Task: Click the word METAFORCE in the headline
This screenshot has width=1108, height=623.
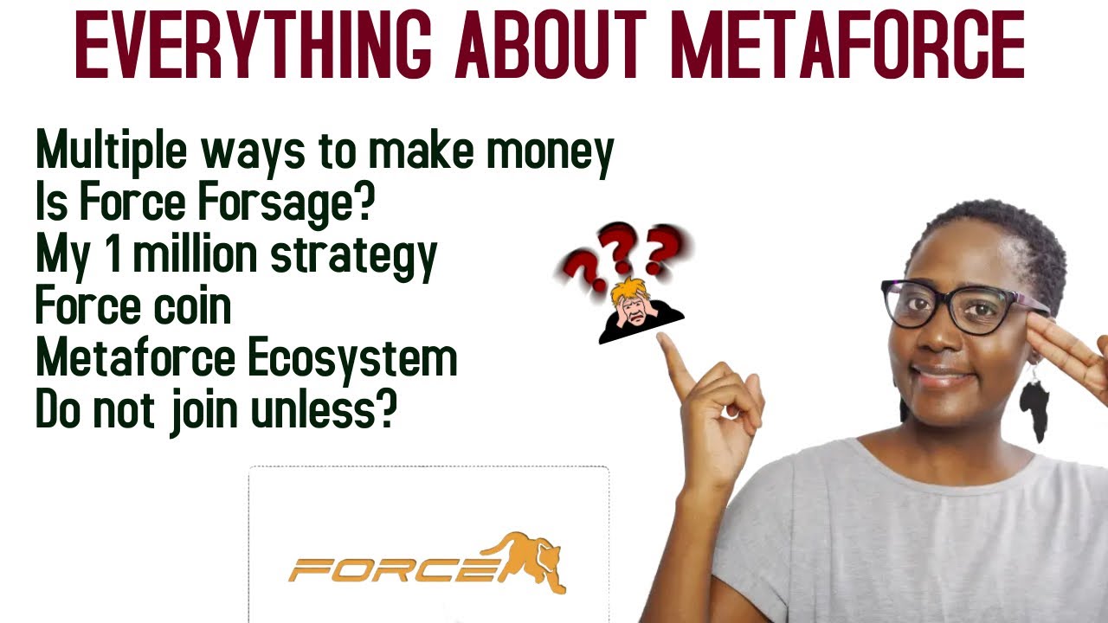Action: pos(847,43)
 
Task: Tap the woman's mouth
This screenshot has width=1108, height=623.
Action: pos(944,377)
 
